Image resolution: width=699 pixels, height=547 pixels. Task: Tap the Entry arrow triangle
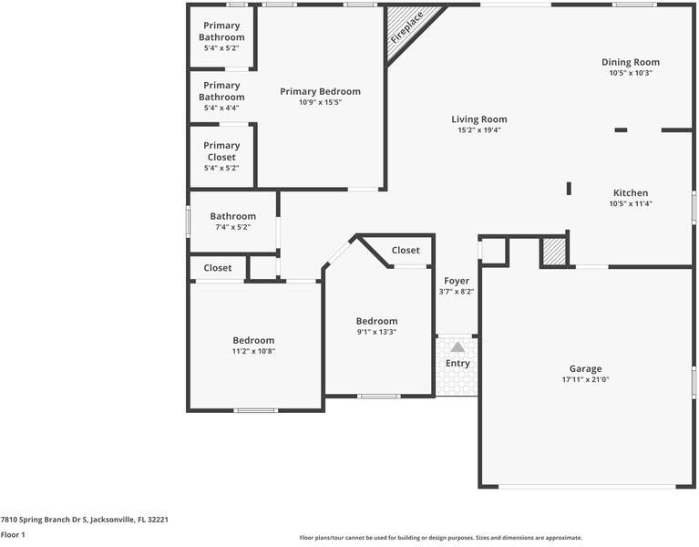tap(457, 347)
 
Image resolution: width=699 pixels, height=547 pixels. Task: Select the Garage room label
tap(585, 368)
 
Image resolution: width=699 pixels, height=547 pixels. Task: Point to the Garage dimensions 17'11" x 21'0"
tap(585, 380)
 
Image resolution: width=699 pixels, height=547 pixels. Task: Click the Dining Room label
tap(631, 62)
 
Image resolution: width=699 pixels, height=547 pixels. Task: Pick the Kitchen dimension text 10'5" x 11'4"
tap(631, 203)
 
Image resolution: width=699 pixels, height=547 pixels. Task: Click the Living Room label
tap(479, 119)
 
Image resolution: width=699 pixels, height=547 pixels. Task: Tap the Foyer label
tap(457, 281)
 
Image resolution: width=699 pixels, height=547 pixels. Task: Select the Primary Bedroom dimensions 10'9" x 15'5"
tap(320, 102)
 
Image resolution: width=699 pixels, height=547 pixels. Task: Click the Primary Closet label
tap(221, 151)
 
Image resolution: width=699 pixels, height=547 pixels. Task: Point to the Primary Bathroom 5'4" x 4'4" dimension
tap(221, 108)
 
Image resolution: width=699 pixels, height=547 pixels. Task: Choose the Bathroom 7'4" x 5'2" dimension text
tap(233, 227)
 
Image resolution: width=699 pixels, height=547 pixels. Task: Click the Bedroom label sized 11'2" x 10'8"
tap(253, 340)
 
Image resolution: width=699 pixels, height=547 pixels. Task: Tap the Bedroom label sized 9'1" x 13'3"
tap(376, 321)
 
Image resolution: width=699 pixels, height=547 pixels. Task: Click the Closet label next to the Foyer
tap(406, 251)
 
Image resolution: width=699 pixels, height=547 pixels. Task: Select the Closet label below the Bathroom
tap(218, 268)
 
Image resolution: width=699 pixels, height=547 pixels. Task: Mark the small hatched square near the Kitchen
tap(554, 253)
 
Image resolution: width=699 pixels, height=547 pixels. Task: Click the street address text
tap(84, 520)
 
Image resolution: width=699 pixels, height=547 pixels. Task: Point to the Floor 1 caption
tap(13, 534)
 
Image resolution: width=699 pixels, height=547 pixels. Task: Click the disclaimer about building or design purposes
tap(441, 538)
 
